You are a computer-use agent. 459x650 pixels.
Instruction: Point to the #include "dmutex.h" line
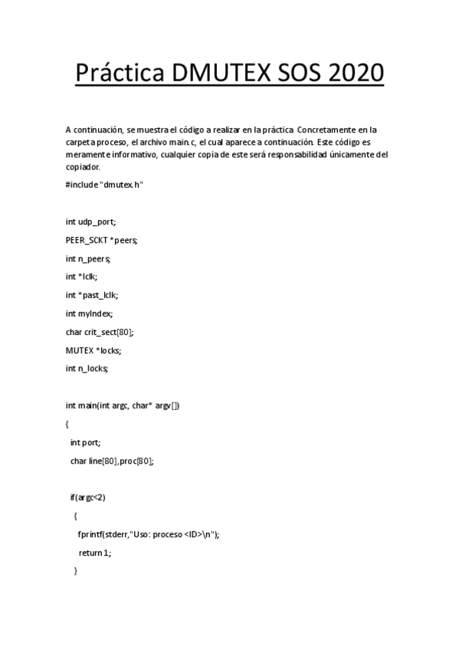click(105, 185)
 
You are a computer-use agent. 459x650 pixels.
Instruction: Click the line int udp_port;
click(91, 222)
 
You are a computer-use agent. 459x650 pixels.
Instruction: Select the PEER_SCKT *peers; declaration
click(102, 240)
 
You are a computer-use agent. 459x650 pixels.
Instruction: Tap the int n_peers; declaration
click(88, 258)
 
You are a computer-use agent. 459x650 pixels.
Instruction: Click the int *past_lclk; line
click(92, 295)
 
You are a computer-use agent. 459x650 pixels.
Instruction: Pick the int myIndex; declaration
click(90, 314)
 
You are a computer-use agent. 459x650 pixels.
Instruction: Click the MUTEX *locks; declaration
click(94, 350)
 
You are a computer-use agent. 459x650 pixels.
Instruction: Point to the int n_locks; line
click(87, 369)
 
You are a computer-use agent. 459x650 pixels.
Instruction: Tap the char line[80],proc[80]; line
click(112, 461)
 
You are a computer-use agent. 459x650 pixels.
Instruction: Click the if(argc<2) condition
click(87, 497)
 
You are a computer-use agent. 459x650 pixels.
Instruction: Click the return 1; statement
click(94, 553)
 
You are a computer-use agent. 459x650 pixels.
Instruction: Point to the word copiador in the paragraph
click(83, 166)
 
